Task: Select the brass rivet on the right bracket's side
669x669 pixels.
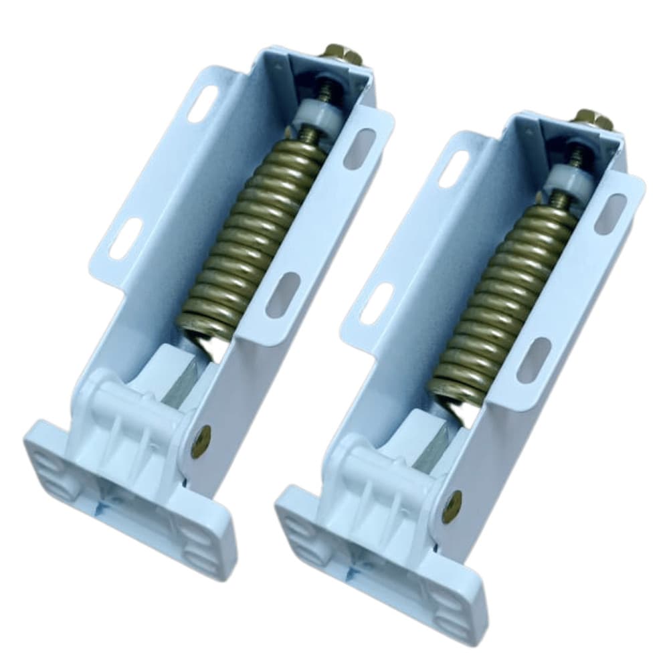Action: click(x=452, y=506)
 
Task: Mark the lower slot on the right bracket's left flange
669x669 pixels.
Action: click(x=377, y=304)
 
